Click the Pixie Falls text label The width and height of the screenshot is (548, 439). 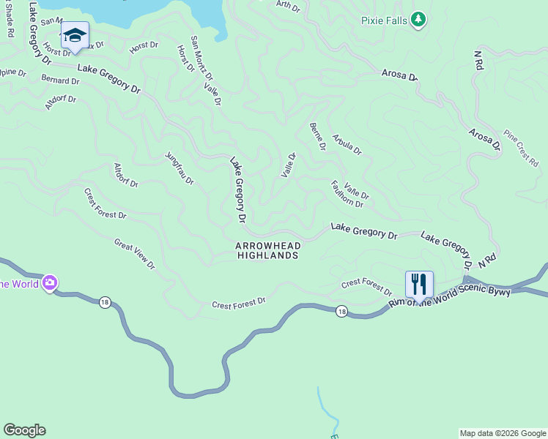[x=385, y=20]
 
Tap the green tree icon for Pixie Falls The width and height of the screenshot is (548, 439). [x=418, y=19]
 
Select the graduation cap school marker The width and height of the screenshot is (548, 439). [x=75, y=34]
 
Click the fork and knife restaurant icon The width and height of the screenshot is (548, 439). [x=419, y=283]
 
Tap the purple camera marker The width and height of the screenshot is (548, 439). [x=50, y=282]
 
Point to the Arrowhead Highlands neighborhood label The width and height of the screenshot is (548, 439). [x=267, y=251]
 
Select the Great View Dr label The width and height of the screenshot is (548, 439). [x=134, y=253]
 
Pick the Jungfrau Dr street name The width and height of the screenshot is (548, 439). [x=179, y=168]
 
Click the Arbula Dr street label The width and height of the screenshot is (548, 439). [x=347, y=144]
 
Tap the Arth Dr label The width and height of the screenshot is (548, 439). [x=288, y=7]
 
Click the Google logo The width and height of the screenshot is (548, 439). [x=24, y=430]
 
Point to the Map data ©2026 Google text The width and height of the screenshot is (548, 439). [x=503, y=433]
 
